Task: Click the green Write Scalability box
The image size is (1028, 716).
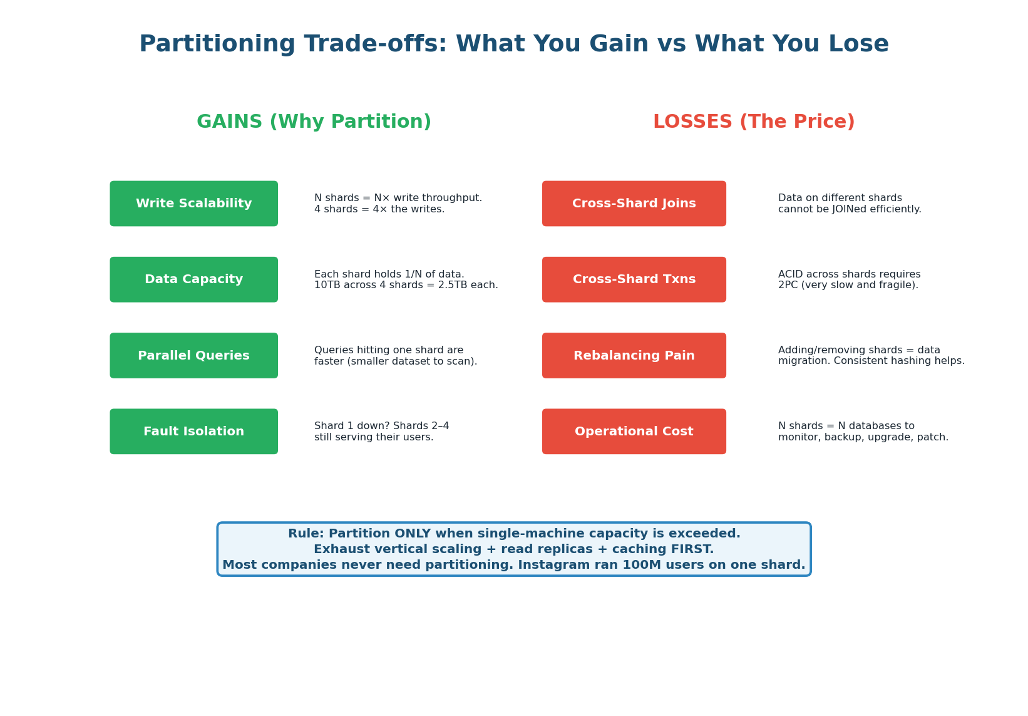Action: click(193, 204)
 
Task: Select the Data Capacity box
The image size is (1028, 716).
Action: click(193, 279)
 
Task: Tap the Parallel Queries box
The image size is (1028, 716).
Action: click(193, 356)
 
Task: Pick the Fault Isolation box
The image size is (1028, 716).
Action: click(193, 432)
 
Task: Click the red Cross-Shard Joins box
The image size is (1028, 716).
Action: click(634, 204)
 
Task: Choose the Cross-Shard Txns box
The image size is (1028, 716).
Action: click(634, 279)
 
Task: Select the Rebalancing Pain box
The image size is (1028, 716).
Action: click(634, 356)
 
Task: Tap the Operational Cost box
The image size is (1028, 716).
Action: click(634, 432)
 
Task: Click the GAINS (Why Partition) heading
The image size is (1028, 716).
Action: click(314, 122)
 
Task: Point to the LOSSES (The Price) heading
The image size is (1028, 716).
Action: click(754, 122)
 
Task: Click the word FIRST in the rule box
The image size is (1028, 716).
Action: click(692, 549)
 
